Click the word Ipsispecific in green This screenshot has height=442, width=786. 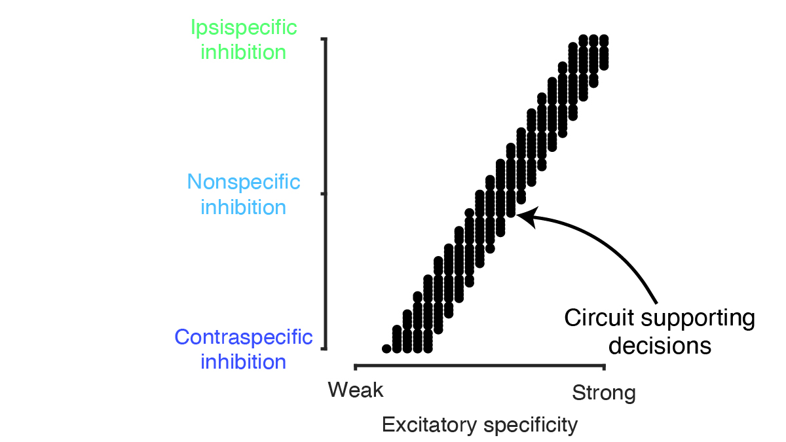pyautogui.click(x=244, y=28)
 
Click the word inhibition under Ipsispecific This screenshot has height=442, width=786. pyautogui.click(x=244, y=52)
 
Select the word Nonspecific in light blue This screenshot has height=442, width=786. pyautogui.click(x=244, y=182)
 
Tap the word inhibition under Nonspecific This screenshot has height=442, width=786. pyautogui.click(x=244, y=207)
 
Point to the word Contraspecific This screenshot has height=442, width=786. pyautogui.click(x=244, y=337)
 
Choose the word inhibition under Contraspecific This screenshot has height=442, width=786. pyautogui.click(x=244, y=361)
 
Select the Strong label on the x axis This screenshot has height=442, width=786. pyautogui.click(x=603, y=393)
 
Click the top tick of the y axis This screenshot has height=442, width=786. pyautogui.click(x=322, y=40)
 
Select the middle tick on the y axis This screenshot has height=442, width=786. pyautogui.click(x=322, y=194)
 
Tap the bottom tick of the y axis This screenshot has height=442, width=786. pyautogui.click(x=322, y=349)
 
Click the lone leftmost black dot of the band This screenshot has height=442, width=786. pyautogui.click(x=386, y=348)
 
